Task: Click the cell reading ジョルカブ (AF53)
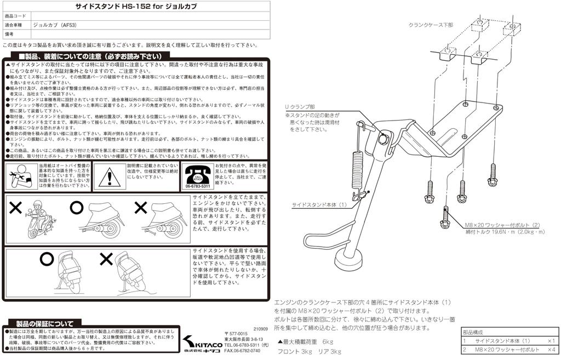tap(53, 25)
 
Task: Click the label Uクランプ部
tap(299, 107)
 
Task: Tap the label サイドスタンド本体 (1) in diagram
tap(319, 204)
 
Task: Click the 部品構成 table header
tap(473, 333)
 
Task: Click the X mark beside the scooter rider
tap(15, 208)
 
